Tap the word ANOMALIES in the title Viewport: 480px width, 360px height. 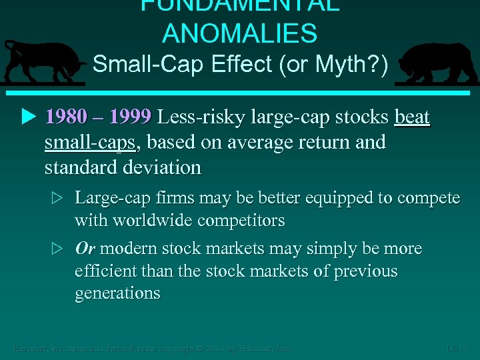tap(240, 33)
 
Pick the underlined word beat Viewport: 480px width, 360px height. tap(413, 118)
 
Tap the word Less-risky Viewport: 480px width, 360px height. tap(203, 118)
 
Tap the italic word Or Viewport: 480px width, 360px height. tap(85, 249)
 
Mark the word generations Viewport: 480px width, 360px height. tap(117, 293)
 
